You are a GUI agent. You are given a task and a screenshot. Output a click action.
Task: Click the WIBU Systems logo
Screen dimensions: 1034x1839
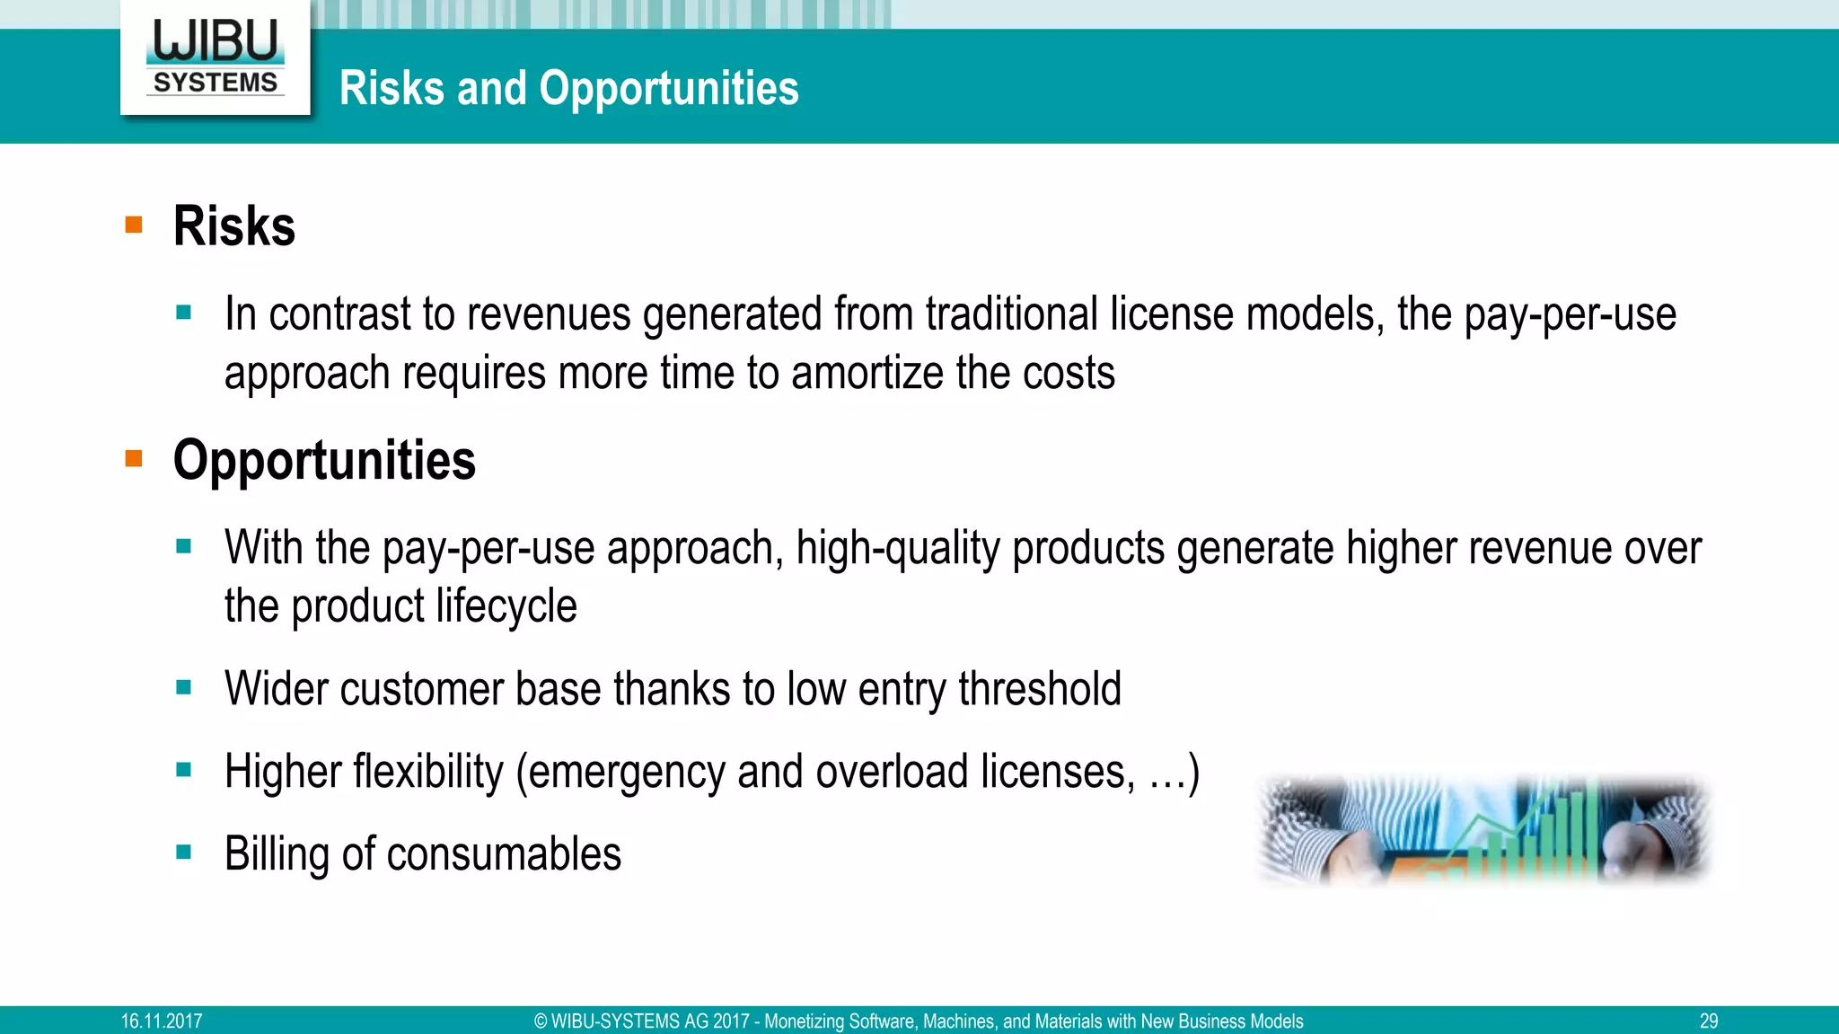click(216, 57)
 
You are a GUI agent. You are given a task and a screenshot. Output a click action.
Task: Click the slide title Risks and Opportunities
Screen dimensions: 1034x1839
click(568, 88)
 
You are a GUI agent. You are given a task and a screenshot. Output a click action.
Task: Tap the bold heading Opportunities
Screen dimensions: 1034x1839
click(324, 460)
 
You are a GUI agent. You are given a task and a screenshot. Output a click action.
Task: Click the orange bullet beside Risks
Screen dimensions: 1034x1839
click(134, 225)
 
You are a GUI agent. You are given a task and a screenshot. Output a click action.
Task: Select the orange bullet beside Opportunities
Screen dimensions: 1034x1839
click(134, 459)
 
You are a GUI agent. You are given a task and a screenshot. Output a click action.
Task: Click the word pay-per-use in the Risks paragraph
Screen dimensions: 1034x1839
click(1570, 314)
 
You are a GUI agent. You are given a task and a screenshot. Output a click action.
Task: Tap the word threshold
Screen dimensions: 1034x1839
click(1039, 689)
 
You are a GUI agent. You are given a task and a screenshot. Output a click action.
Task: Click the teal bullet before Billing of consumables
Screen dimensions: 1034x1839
click(184, 853)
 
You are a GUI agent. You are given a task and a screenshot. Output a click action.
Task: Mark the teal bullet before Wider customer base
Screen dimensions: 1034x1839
click(184, 688)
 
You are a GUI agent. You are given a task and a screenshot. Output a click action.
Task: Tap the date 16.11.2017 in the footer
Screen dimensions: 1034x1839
click(162, 1021)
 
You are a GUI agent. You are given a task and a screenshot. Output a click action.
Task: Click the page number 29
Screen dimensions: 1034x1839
click(1708, 1021)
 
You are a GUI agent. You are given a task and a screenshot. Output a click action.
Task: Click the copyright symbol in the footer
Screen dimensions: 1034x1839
click(541, 1021)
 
